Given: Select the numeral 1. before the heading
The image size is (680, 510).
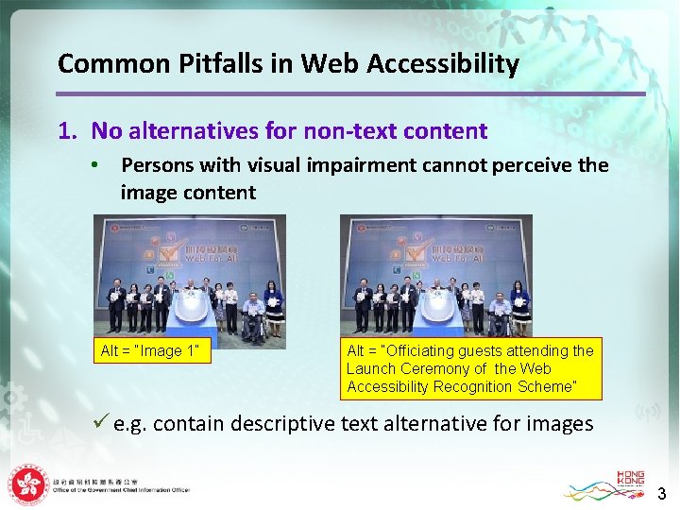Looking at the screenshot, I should [66, 131].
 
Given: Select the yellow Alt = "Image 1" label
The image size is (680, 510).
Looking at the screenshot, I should [150, 351].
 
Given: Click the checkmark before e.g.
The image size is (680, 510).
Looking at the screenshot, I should [101, 423].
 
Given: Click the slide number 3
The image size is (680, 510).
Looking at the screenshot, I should [661, 493].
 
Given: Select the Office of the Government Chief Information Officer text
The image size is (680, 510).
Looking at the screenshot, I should [123, 490].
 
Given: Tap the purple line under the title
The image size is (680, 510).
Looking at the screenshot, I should [350, 93].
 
